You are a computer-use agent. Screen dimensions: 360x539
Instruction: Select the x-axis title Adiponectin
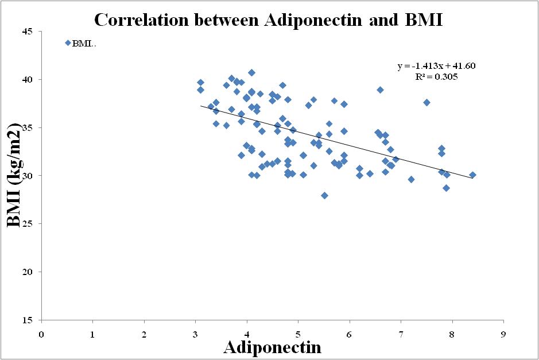[272, 347]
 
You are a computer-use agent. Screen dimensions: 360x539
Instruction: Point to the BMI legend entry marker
[68, 43]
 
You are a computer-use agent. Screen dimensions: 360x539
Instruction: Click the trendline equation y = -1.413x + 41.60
[436, 66]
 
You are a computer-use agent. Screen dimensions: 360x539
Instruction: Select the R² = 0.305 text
[436, 76]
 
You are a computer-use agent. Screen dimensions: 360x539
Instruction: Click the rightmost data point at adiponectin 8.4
[472, 175]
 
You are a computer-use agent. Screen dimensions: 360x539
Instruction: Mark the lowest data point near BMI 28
[324, 195]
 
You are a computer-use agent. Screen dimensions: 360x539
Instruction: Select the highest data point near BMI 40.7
[251, 72]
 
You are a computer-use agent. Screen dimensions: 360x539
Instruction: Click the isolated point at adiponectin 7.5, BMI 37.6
[426, 102]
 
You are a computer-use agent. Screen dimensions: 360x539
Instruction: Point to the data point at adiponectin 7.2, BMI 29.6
[411, 179]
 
